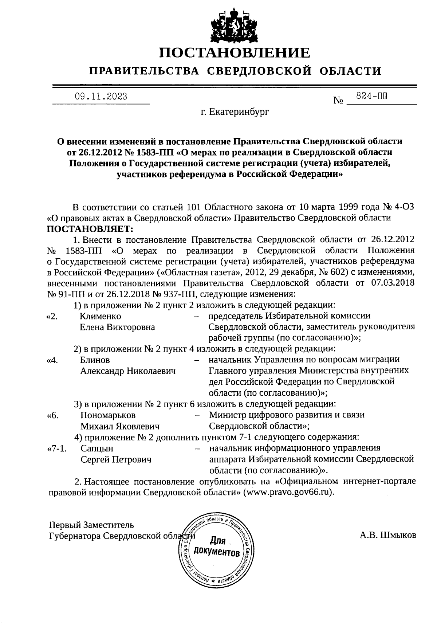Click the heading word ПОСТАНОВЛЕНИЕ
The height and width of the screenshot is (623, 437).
(x=235, y=53)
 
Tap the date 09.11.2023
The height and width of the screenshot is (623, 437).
(x=101, y=96)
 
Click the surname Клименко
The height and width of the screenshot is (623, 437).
(x=100, y=316)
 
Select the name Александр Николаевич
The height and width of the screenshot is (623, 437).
(x=128, y=371)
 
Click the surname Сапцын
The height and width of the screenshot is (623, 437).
(x=97, y=448)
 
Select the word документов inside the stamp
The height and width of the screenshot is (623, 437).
(x=217, y=552)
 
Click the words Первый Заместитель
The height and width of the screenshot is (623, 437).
(x=91, y=525)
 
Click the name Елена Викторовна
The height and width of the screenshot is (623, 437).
(x=117, y=327)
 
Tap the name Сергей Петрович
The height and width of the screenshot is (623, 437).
(x=116, y=459)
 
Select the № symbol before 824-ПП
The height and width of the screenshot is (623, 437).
(x=338, y=100)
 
